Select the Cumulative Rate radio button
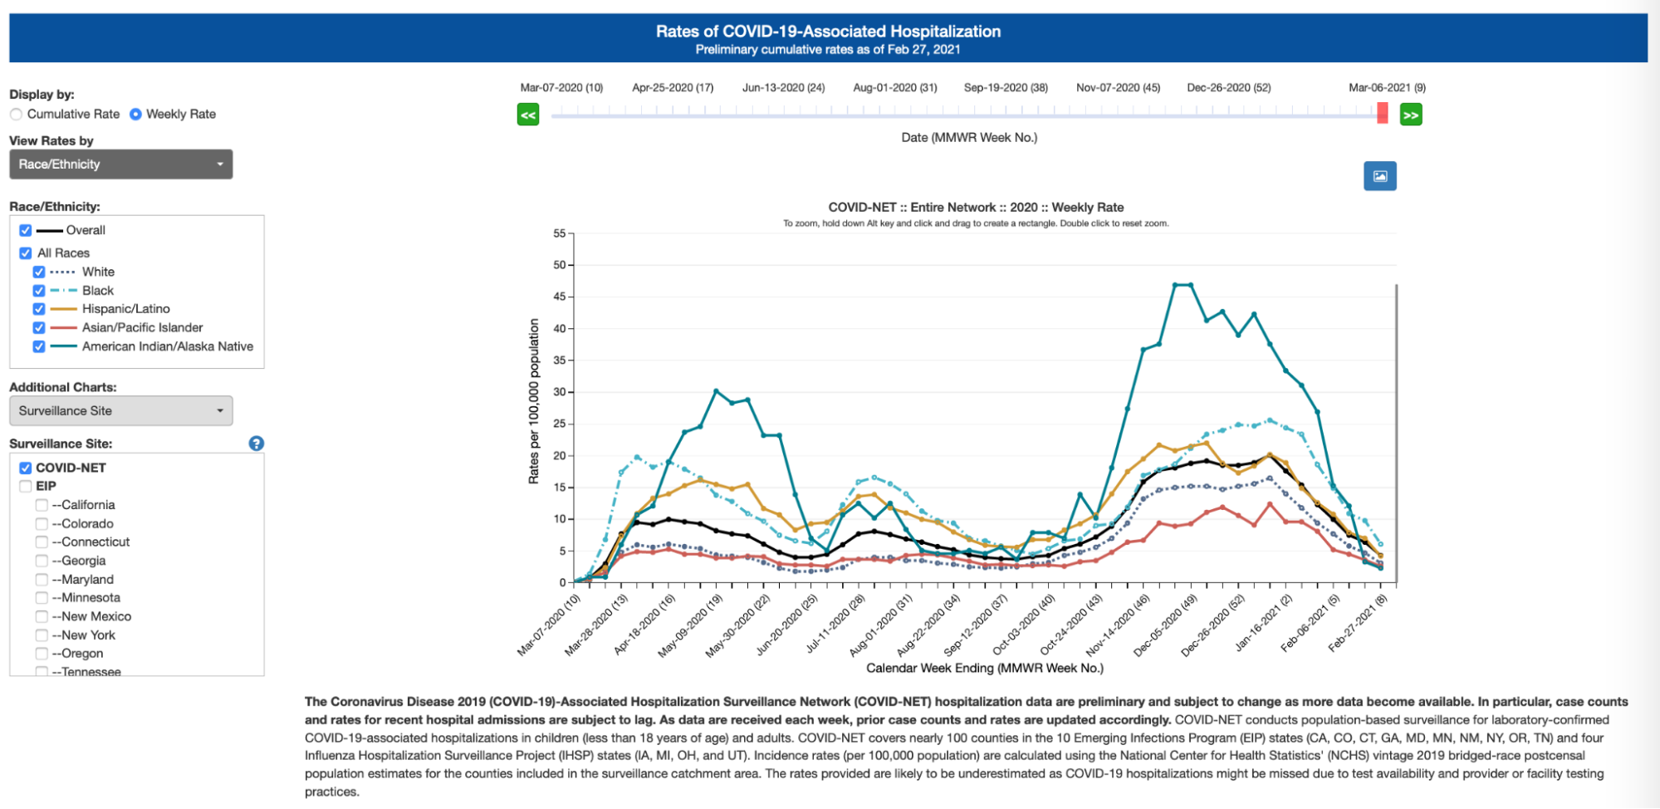point(17,115)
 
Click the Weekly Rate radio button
point(135,115)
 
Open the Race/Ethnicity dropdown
point(120,164)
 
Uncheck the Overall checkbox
point(26,231)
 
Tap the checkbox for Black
point(39,291)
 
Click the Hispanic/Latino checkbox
point(39,309)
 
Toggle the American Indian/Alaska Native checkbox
point(39,347)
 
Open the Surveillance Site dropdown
point(120,411)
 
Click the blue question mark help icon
point(257,444)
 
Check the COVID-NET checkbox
point(26,468)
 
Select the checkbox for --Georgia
point(42,561)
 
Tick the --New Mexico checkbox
point(42,617)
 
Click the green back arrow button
point(528,115)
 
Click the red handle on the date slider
point(1382,113)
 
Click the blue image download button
point(1379,176)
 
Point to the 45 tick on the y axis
point(561,297)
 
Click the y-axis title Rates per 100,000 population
point(534,402)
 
